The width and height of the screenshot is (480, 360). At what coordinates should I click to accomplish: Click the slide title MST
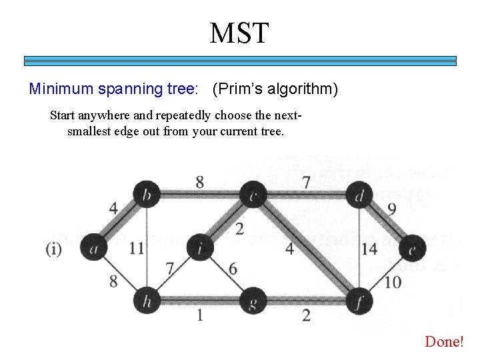pyautogui.click(x=239, y=33)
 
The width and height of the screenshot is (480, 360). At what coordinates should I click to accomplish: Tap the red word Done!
pyautogui.click(x=444, y=341)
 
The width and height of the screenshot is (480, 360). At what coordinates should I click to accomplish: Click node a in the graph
pyautogui.click(x=94, y=248)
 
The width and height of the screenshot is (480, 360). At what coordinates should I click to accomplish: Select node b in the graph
pyautogui.click(x=146, y=195)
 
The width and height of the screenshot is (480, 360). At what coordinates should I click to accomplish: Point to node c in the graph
pyautogui.click(x=253, y=195)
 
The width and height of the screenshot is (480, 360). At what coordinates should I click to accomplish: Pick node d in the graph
pyautogui.click(x=360, y=195)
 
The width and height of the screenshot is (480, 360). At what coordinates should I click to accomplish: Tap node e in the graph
pyautogui.click(x=413, y=248)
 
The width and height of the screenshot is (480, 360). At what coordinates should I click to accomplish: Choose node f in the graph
pyautogui.click(x=360, y=301)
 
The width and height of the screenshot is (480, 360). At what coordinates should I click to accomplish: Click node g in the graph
pyautogui.click(x=253, y=301)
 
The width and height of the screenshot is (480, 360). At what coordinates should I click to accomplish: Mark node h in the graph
pyautogui.click(x=146, y=301)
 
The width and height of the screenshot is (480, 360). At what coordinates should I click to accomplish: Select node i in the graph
pyautogui.click(x=200, y=248)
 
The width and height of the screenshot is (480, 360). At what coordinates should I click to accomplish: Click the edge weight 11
pyautogui.click(x=137, y=248)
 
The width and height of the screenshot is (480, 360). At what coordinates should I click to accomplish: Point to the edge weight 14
pyautogui.click(x=369, y=249)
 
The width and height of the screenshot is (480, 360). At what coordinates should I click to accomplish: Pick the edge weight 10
pyautogui.click(x=393, y=282)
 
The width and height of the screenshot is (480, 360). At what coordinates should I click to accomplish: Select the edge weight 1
pyautogui.click(x=199, y=315)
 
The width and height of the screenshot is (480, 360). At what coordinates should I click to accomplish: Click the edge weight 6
pyautogui.click(x=233, y=268)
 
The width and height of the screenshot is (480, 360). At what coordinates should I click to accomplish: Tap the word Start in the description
pyautogui.click(x=64, y=115)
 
